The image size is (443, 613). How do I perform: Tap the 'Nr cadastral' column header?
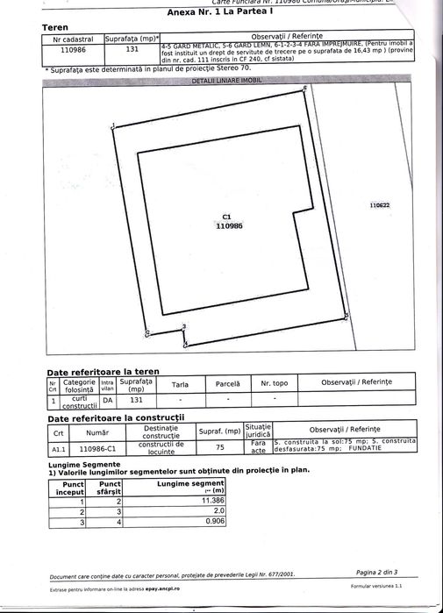tap(73, 39)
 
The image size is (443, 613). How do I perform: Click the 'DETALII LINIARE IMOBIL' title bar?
tap(221, 80)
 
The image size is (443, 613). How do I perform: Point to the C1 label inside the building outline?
tap(227, 217)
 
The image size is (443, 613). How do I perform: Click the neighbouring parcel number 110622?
tap(380, 204)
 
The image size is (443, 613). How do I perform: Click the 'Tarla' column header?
tap(180, 384)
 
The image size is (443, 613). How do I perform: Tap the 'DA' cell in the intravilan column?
tap(108, 400)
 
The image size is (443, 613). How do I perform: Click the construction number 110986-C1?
tap(97, 447)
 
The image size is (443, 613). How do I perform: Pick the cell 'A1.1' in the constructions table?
tap(59, 447)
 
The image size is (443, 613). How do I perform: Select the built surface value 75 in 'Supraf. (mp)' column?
tap(220, 447)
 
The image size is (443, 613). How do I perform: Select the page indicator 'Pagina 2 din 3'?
tap(377, 571)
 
